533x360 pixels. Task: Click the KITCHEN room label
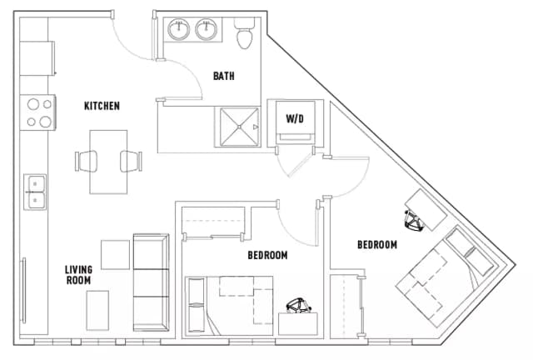pos(102,106)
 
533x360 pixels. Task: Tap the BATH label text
pos(223,76)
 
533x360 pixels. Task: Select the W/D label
pos(295,118)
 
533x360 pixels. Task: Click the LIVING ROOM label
pos(79,275)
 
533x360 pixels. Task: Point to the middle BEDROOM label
pos(267,255)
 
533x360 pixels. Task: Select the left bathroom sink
pos(179,31)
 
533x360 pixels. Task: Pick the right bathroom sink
pos(207,31)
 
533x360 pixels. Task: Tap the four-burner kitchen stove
pos(38,112)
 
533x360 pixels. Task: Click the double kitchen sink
pos(35,192)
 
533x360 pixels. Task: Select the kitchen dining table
pos(109,161)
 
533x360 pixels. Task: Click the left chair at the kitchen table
pos(89,160)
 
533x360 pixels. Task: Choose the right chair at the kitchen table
pos(131,160)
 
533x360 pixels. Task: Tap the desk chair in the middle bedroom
pos(296,307)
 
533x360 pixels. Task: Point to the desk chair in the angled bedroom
pos(414,220)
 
